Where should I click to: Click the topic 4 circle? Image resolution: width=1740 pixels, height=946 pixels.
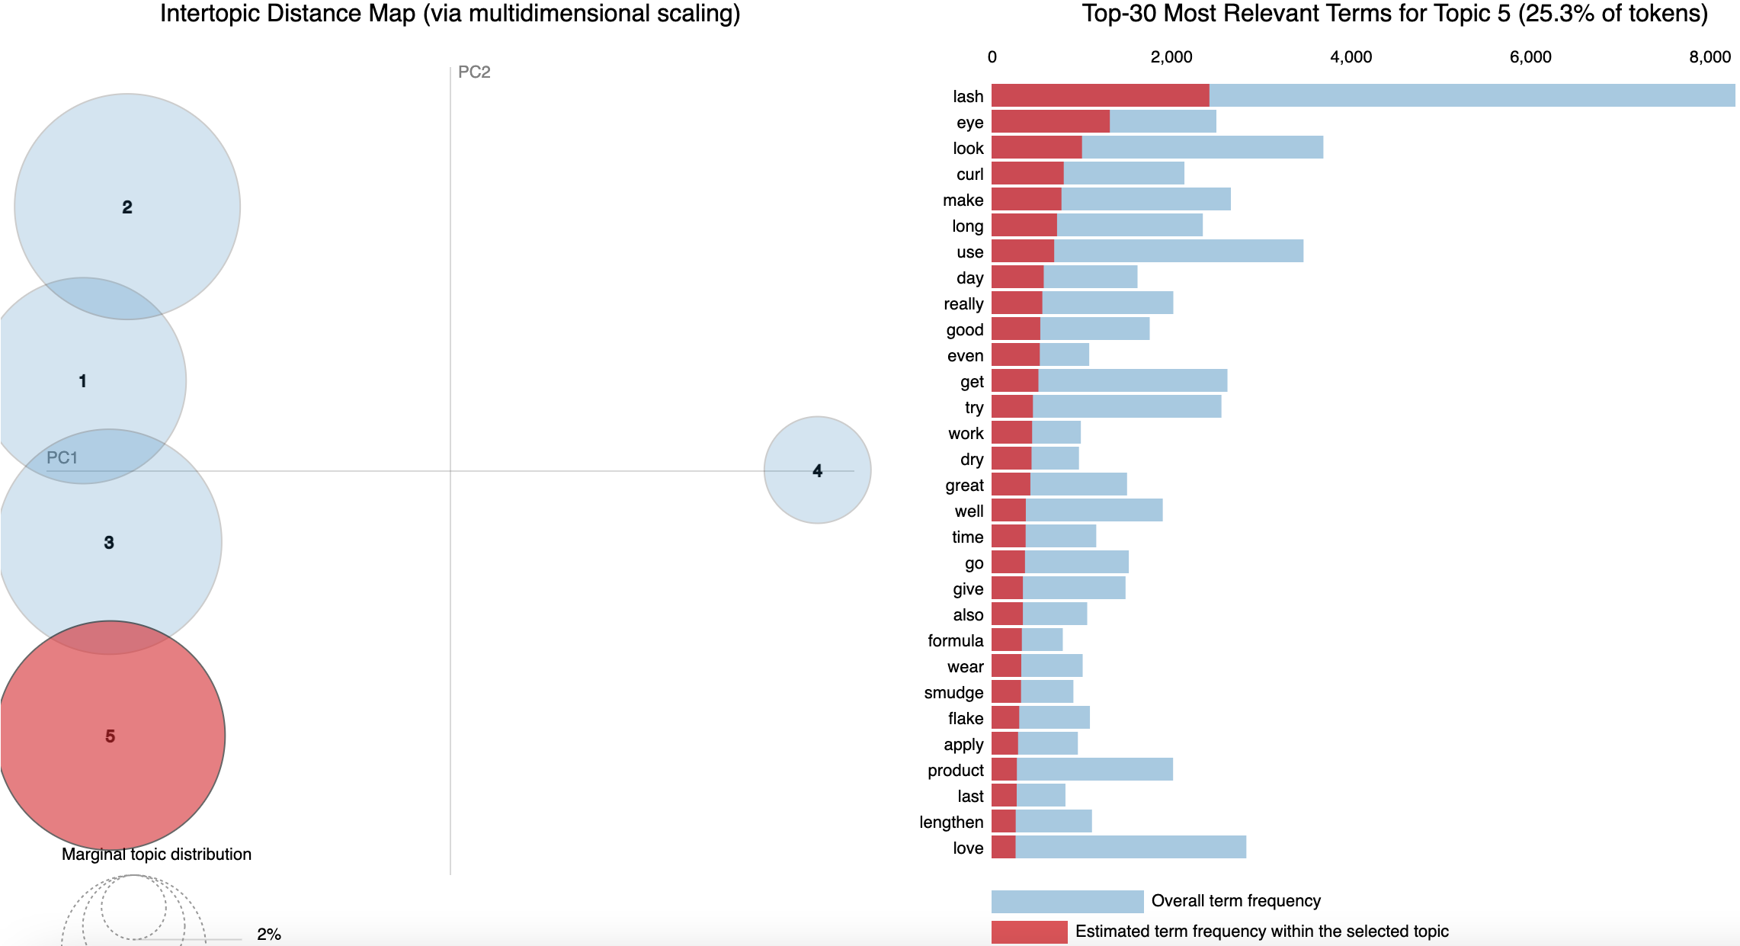point(817,470)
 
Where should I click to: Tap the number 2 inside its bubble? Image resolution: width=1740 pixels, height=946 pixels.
point(127,207)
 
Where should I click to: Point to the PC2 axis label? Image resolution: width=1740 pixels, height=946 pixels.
point(474,72)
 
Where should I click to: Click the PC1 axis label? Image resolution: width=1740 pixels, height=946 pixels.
point(62,457)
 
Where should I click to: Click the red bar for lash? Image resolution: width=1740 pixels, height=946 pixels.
point(1100,95)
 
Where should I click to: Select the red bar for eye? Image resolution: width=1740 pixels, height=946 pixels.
point(1050,121)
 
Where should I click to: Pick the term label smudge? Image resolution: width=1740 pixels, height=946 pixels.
point(953,693)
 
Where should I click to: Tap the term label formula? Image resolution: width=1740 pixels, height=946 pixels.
point(955,641)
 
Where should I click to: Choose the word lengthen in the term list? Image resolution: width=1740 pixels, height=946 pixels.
point(951,823)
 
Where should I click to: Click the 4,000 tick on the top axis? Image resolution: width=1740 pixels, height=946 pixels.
point(1351,57)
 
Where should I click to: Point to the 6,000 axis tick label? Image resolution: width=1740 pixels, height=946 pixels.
point(1530,57)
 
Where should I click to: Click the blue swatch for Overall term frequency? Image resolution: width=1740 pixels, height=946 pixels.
point(1067,901)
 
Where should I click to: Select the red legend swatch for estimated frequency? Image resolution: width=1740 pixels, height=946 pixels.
point(1029,932)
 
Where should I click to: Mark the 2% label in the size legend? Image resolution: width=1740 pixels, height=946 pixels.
point(269,934)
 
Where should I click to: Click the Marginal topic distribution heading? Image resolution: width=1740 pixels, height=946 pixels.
point(156,855)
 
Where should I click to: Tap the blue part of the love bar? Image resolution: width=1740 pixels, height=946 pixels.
point(1130,847)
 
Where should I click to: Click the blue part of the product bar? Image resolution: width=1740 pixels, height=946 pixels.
point(1094,769)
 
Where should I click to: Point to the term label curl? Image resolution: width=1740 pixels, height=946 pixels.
point(969,175)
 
